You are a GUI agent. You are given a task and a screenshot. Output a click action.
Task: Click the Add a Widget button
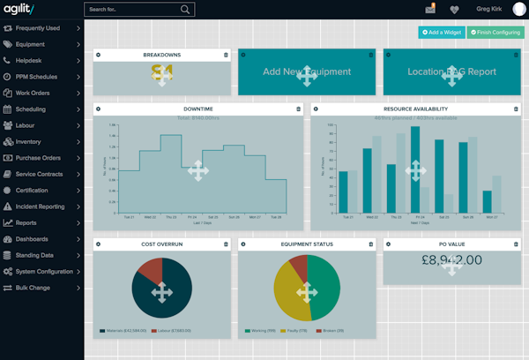(x=440, y=33)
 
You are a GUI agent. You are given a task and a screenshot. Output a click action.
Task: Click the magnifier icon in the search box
(x=186, y=10)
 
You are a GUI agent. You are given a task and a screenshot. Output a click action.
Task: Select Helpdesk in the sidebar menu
(x=29, y=60)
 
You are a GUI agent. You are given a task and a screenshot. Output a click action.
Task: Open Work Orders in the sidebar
(x=33, y=93)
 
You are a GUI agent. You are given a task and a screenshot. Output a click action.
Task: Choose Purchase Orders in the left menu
(x=38, y=158)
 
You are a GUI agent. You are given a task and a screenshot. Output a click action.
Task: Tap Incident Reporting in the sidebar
(x=40, y=206)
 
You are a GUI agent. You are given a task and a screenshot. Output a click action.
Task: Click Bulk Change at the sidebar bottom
(x=33, y=288)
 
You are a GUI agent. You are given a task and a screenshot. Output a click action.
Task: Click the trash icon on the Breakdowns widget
(x=226, y=55)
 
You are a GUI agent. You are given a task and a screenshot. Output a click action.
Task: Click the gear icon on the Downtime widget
(x=99, y=109)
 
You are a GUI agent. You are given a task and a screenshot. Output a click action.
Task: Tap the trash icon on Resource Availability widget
(x=516, y=109)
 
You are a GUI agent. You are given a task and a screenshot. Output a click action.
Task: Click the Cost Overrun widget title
(x=160, y=244)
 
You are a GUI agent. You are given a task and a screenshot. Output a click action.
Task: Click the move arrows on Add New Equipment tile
(x=306, y=77)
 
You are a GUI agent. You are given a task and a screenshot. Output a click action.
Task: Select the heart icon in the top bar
(x=454, y=10)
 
